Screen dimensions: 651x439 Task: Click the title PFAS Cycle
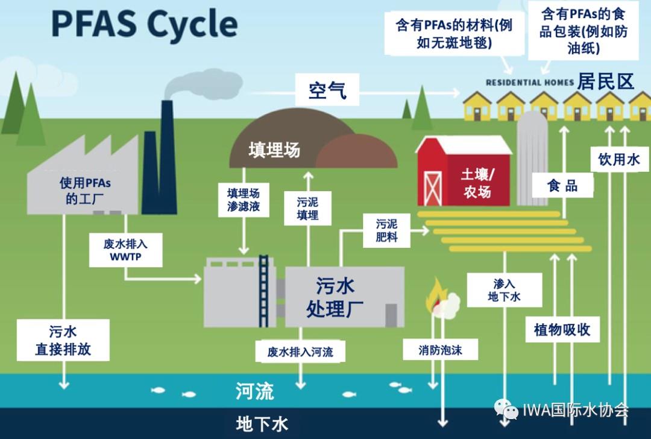pos(145,24)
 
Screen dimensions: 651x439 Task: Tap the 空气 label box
pos(327,89)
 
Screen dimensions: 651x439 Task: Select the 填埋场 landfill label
pos(274,150)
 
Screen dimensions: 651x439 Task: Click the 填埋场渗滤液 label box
pos(244,200)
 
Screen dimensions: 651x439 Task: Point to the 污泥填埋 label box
pos(307,209)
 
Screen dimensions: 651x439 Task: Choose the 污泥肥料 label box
pos(386,230)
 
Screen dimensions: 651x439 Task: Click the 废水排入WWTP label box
pos(126,250)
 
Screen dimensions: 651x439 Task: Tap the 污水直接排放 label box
pos(63,340)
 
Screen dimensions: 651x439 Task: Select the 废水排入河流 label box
pos(300,352)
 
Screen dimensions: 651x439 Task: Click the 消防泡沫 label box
pos(440,350)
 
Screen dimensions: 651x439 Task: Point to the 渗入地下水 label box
pos(505,290)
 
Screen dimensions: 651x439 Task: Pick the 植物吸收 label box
pos(562,330)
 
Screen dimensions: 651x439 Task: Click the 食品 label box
pos(562,185)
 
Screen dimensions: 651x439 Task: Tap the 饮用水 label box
pos(620,159)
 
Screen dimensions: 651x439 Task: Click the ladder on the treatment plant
pos(263,291)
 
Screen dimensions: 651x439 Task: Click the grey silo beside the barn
pos(532,159)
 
